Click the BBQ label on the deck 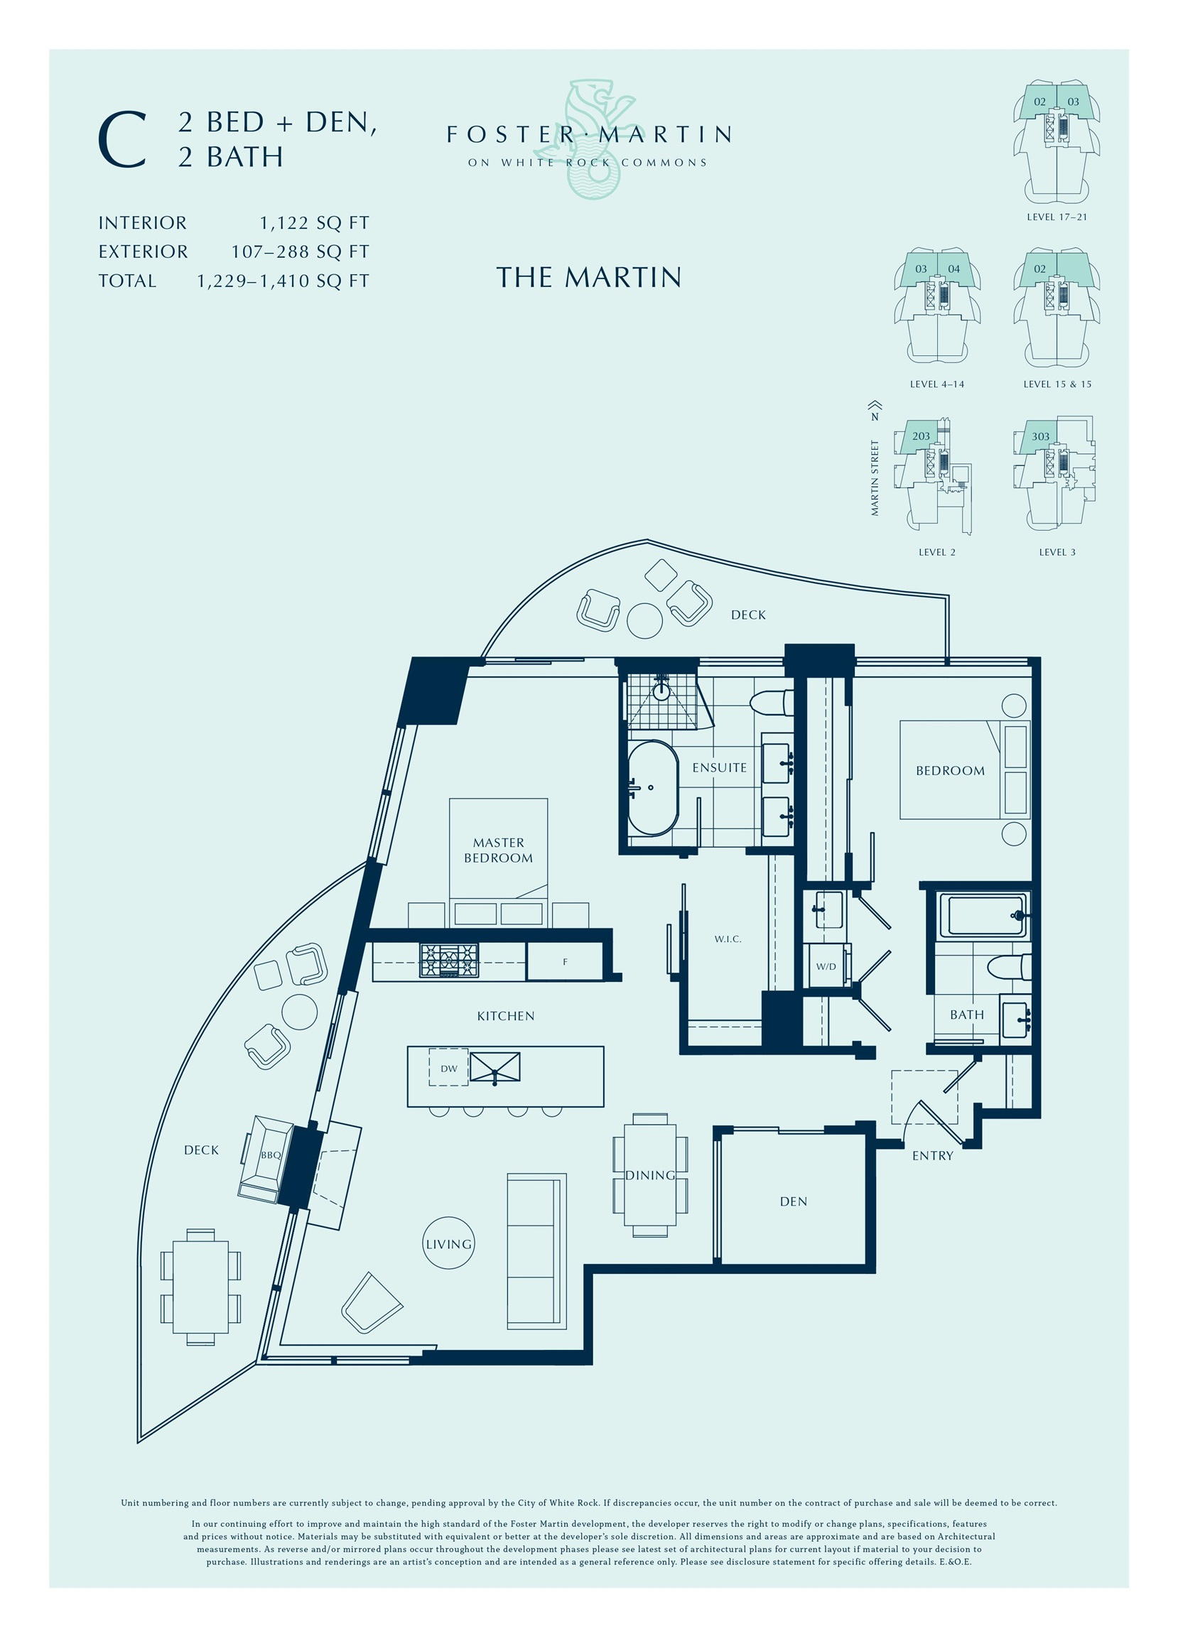tap(271, 1155)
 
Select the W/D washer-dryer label tap(826, 966)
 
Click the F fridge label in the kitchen tap(565, 961)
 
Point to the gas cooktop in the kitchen tap(449, 961)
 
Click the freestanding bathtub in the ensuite tap(652, 788)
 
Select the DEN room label tap(794, 1201)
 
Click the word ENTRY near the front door tap(933, 1155)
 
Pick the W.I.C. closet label tap(728, 939)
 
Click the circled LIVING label tap(448, 1244)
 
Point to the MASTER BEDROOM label tap(498, 850)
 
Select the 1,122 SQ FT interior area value tap(315, 223)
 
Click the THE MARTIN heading tap(588, 277)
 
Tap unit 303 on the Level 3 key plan tap(1040, 437)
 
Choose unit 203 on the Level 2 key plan tap(921, 436)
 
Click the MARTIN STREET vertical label tap(875, 479)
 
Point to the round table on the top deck tap(644, 620)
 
